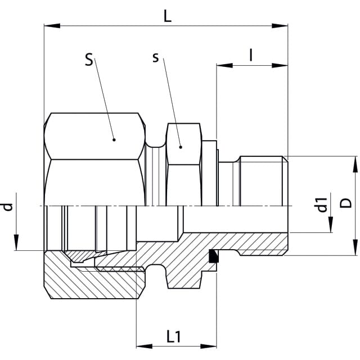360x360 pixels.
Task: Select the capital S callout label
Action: pyautogui.click(x=89, y=60)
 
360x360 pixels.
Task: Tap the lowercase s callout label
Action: pyautogui.click(x=156, y=57)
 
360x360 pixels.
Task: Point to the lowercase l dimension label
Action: pyautogui.click(x=251, y=55)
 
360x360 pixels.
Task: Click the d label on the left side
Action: pyautogui.click(x=7, y=207)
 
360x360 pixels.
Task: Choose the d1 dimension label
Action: pyautogui.click(x=321, y=205)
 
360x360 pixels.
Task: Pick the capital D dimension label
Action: pyautogui.click(x=346, y=203)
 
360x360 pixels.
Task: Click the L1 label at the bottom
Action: pyautogui.click(x=174, y=336)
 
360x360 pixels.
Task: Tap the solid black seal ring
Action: pyautogui.click(x=213, y=256)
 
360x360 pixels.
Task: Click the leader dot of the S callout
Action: pyautogui.click(x=114, y=140)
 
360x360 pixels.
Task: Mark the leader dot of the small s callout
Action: pyautogui.click(x=181, y=147)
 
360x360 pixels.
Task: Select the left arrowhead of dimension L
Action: pyautogui.click(x=52, y=26)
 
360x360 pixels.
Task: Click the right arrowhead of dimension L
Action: pyautogui.click(x=280, y=26)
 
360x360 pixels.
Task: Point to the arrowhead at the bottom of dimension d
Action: pyautogui.click(x=16, y=242)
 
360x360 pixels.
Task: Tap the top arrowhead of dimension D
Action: pyautogui.click(x=355, y=164)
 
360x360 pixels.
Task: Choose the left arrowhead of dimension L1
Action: pyautogui.click(x=145, y=346)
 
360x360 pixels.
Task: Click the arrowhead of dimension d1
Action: pyautogui.click(x=331, y=224)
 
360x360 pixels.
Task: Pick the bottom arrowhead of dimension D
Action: pyautogui.click(x=355, y=247)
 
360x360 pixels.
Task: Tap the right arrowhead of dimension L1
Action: pyautogui.click(x=209, y=346)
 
